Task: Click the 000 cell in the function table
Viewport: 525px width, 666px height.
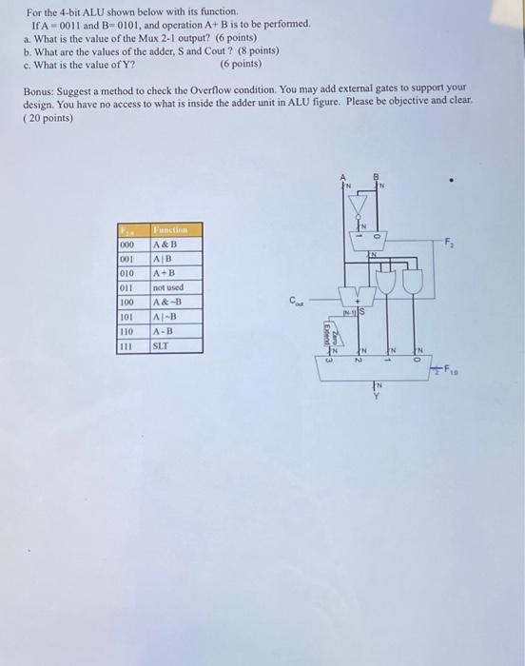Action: (x=126, y=244)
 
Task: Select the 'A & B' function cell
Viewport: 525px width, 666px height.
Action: (x=165, y=244)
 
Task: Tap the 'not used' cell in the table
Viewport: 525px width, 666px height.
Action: (x=168, y=286)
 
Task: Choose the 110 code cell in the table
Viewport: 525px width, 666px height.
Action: (x=126, y=331)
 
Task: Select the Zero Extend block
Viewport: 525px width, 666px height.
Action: (x=328, y=333)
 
